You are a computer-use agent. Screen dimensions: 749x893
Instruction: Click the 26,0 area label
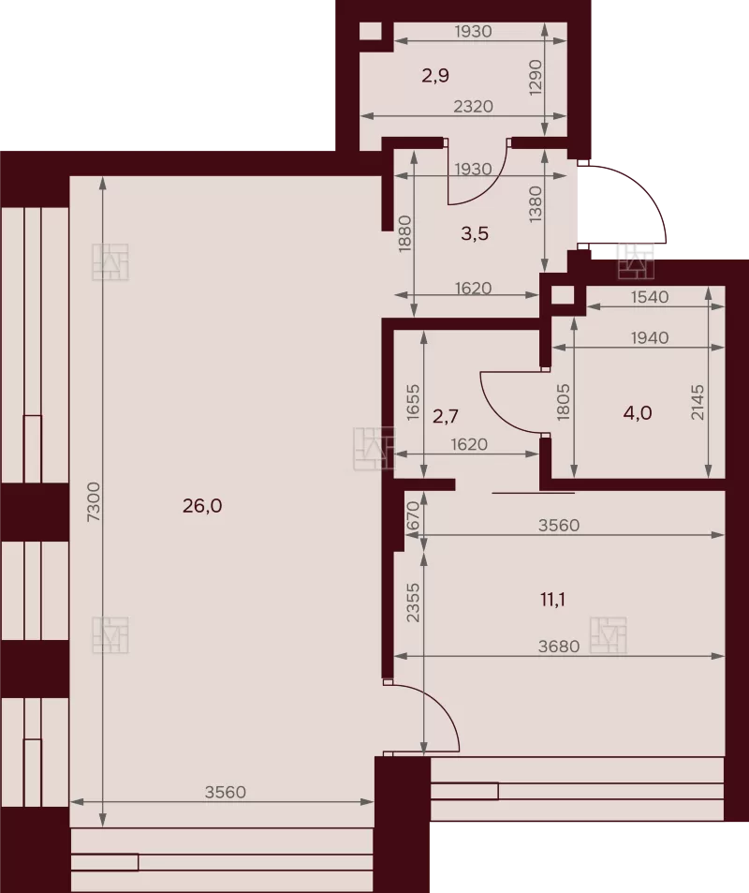(x=202, y=506)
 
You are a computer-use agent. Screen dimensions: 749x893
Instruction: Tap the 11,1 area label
(x=552, y=600)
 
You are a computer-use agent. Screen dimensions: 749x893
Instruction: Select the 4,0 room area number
(x=638, y=413)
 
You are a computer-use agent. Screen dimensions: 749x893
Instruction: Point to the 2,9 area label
(x=435, y=75)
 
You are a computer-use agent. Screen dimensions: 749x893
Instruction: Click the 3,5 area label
(x=474, y=233)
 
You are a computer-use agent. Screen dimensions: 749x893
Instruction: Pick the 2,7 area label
(x=445, y=416)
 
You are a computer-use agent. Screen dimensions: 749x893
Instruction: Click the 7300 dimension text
(x=94, y=501)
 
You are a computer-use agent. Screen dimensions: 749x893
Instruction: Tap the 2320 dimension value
(x=473, y=107)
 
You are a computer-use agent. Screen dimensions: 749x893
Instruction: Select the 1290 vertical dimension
(x=536, y=78)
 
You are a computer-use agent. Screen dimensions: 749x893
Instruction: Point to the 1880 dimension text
(x=404, y=233)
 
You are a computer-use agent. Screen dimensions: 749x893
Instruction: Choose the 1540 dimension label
(x=650, y=297)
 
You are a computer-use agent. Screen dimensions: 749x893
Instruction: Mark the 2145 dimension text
(x=698, y=402)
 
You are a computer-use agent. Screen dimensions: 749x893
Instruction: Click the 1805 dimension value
(x=563, y=402)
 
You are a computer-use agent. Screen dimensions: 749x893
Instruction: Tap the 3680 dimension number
(x=559, y=647)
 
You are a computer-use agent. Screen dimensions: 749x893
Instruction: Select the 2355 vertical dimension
(x=413, y=602)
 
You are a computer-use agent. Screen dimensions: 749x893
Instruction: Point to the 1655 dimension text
(x=413, y=403)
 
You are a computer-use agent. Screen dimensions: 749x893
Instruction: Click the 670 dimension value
(x=413, y=516)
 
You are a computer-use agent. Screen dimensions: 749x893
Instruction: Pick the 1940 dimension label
(x=650, y=337)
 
